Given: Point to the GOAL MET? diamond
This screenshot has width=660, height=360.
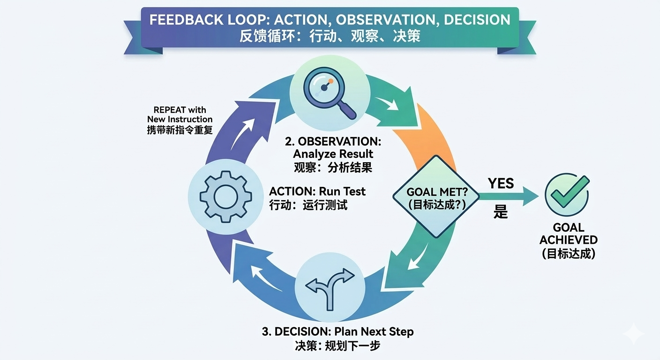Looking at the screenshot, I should pyautogui.click(x=436, y=197).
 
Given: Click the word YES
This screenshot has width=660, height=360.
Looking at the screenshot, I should pyautogui.click(x=501, y=184).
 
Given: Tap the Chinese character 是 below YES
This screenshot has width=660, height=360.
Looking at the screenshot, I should pyautogui.click(x=501, y=212).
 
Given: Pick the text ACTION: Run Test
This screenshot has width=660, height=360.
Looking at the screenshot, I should pyautogui.click(x=317, y=191).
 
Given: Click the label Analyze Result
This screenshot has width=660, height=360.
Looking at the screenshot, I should pyautogui.click(x=333, y=154).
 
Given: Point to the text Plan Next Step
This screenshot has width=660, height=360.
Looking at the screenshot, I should pyautogui.click(x=374, y=332).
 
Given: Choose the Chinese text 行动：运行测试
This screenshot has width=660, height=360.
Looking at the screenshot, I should pyautogui.click(x=308, y=205).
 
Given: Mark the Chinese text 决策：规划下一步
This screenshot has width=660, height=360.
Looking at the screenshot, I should pyautogui.click(x=337, y=346).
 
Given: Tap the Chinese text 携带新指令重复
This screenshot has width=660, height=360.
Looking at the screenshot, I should pyautogui.click(x=180, y=129).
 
